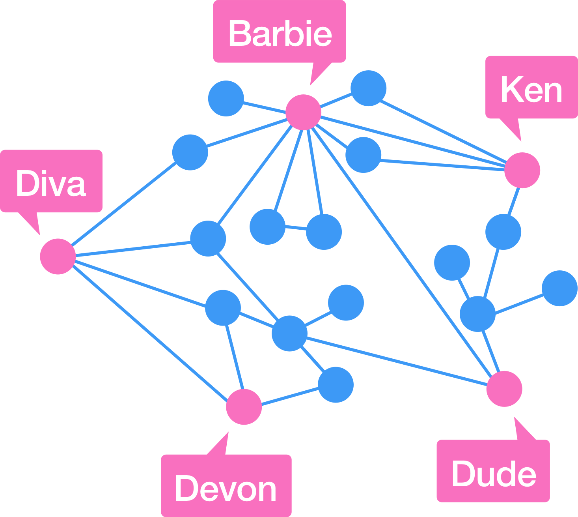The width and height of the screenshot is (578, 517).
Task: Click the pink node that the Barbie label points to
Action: pyautogui.click(x=303, y=112)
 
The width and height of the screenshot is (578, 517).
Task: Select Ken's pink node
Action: pyautogui.click(x=522, y=170)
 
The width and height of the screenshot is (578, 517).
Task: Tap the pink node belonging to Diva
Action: pyautogui.click(x=58, y=256)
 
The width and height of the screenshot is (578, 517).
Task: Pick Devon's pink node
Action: pyautogui.click(x=244, y=406)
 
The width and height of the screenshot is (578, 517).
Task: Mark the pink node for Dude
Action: pyautogui.click(x=504, y=389)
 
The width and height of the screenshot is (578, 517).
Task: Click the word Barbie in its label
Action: pyautogui.click(x=280, y=34)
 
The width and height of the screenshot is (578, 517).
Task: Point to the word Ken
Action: pyautogui.click(x=531, y=90)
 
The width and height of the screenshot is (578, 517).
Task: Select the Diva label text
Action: pyautogui.click(x=50, y=184)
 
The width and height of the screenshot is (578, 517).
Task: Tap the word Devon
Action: pyautogui.click(x=226, y=489)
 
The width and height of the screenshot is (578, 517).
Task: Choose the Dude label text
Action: pyautogui.click(x=494, y=474)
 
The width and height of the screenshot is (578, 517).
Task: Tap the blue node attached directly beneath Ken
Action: pyautogui.click(x=503, y=232)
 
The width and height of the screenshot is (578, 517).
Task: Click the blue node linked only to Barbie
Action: pyautogui.click(x=226, y=98)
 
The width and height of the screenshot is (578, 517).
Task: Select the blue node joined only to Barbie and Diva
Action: pyautogui.click(x=190, y=152)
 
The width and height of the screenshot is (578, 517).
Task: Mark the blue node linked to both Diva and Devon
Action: pyautogui.click(x=223, y=308)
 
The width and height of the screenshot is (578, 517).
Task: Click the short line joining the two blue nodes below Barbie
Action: pyautogui.click(x=296, y=228)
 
